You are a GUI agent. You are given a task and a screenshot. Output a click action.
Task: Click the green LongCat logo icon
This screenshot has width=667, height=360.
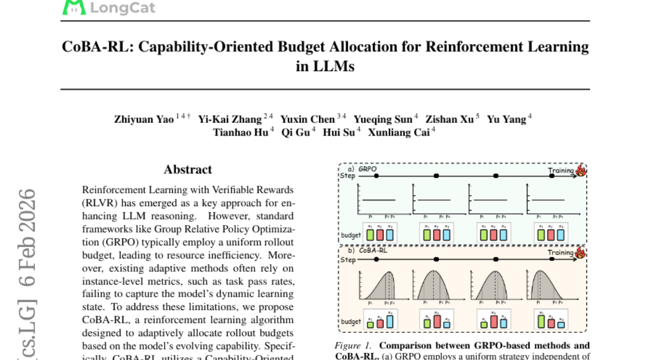[x=74, y=7]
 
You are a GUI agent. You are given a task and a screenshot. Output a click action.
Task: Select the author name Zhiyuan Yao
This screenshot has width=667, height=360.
[x=144, y=119]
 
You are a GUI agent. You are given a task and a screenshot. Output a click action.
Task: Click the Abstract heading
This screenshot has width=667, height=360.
[x=188, y=169]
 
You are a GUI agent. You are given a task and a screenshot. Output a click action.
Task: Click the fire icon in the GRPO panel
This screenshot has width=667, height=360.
[x=581, y=170]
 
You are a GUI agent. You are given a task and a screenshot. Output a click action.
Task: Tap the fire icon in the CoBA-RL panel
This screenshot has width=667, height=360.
[x=581, y=253]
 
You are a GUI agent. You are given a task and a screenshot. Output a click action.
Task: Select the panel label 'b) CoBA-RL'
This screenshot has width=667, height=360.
[x=367, y=251]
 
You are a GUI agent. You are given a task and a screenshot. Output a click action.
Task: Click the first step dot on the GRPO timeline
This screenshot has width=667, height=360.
[x=377, y=176]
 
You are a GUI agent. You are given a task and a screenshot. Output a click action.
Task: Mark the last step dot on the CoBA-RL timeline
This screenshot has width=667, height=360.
[x=552, y=259]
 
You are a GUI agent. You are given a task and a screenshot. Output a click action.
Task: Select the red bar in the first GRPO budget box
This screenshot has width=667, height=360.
[x=380, y=235]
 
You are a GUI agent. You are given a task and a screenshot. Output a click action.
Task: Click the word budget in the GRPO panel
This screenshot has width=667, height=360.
[x=351, y=235]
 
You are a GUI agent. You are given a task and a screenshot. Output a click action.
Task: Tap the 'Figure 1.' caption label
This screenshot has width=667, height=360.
[x=354, y=346]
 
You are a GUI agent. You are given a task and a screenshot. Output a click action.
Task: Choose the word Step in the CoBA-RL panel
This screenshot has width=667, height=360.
[x=348, y=259]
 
